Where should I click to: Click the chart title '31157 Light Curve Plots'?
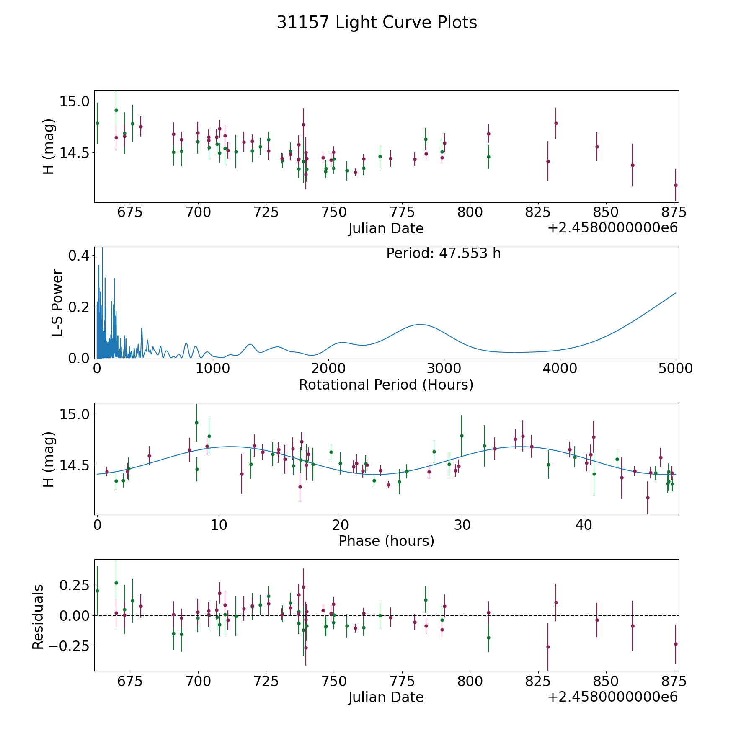pyautogui.click(x=377, y=23)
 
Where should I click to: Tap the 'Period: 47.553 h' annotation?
pyautogui.click(x=443, y=253)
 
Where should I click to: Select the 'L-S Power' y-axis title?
pyautogui.click(x=57, y=303)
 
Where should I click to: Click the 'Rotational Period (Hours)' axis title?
pyautogui.click(x=386, y=385)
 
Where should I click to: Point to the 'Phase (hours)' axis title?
pyautogui.click(x=386, y=541)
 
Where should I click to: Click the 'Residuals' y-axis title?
pyautogui.click(x=38, y=617)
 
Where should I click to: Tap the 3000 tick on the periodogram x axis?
pyautogui.click(x=444, y=369)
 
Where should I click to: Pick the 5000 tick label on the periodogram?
pyautogui.click(x=675, y=369)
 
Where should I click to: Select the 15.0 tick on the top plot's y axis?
pyautogui.click(x=74, y=101)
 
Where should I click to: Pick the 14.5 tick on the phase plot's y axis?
pyautogui.click(x=74, y=465)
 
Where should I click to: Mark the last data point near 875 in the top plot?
pyautogui.click(x=676, y=185)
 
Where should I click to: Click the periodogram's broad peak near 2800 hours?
pyautogui.click(x=420, y=325)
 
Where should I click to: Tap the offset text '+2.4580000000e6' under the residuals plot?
pyautogui.click(x=612, y=697)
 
